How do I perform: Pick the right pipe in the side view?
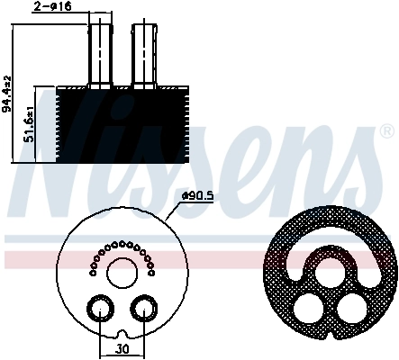tap(144, 54)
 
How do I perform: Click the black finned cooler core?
tap(121, 126)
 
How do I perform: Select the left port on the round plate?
tap(96, 310)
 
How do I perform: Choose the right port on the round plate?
tap(141, 310)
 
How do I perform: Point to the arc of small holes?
tap(119, 247)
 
